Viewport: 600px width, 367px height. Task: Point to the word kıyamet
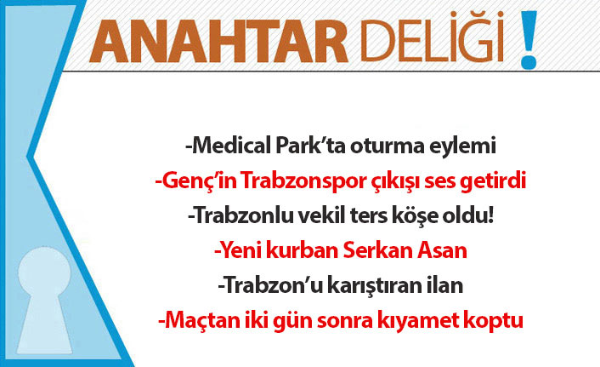point(410,322)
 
